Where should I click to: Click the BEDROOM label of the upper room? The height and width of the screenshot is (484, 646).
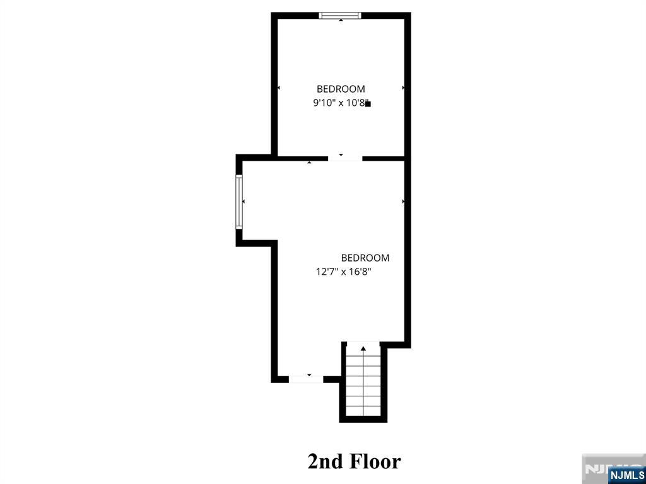[341, 89]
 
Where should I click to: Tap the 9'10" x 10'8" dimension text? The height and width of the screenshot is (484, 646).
[339, 103]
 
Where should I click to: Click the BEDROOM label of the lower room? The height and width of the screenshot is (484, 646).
[365, 258]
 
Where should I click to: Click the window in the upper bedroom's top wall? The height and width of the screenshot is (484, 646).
[340, 16]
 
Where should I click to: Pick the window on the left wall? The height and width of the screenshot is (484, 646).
[239, 201]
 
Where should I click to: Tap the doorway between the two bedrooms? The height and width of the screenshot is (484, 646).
[345, 158]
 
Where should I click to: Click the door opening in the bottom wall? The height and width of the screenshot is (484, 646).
[306, 379]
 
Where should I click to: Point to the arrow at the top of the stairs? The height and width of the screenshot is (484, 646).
[363, 349]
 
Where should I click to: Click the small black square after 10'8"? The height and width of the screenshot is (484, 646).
[368, 104]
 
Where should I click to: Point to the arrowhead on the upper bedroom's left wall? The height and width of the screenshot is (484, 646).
[279, 88]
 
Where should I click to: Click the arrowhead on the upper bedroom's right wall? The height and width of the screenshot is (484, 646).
[403, 88]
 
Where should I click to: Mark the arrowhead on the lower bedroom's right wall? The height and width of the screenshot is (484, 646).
[403, 201]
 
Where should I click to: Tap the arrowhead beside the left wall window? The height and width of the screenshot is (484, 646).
[244, 201]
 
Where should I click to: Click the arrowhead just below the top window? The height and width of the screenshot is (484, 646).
[341, 20]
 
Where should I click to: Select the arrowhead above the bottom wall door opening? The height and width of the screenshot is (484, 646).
[309, 375]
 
